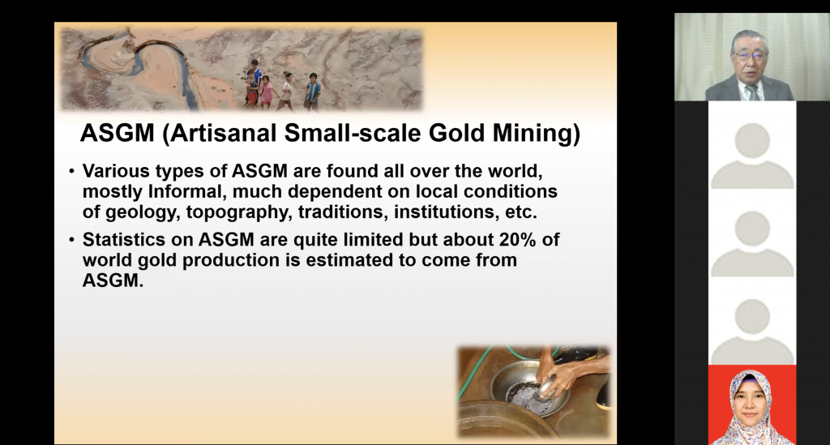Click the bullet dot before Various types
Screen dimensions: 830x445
(x=71, y=172)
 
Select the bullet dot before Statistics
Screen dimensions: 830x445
(x=71, y=240)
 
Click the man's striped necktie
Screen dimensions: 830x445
(x=751, y=92)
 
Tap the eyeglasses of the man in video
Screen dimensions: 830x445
(x=750, y=55)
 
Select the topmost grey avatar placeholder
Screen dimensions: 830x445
(x=752, y=156)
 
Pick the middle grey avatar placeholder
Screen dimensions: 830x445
(x=752, y=244)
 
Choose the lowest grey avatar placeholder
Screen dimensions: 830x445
(x=752, y=332)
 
